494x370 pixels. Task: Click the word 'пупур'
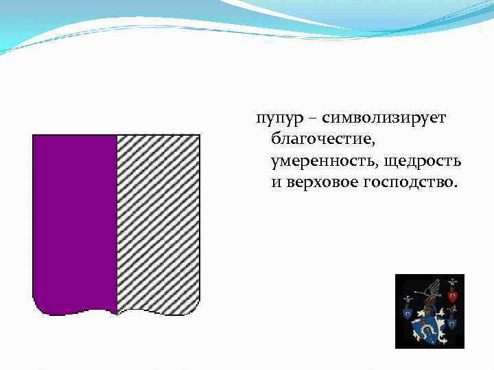click(272, 120)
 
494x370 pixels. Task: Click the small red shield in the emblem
click(452, 296)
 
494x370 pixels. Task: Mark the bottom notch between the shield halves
click(117, 313)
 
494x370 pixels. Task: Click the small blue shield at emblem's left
click(408, 314)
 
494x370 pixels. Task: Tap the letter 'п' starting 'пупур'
click(259, 121)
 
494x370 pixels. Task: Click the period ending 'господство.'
click(454, 186)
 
